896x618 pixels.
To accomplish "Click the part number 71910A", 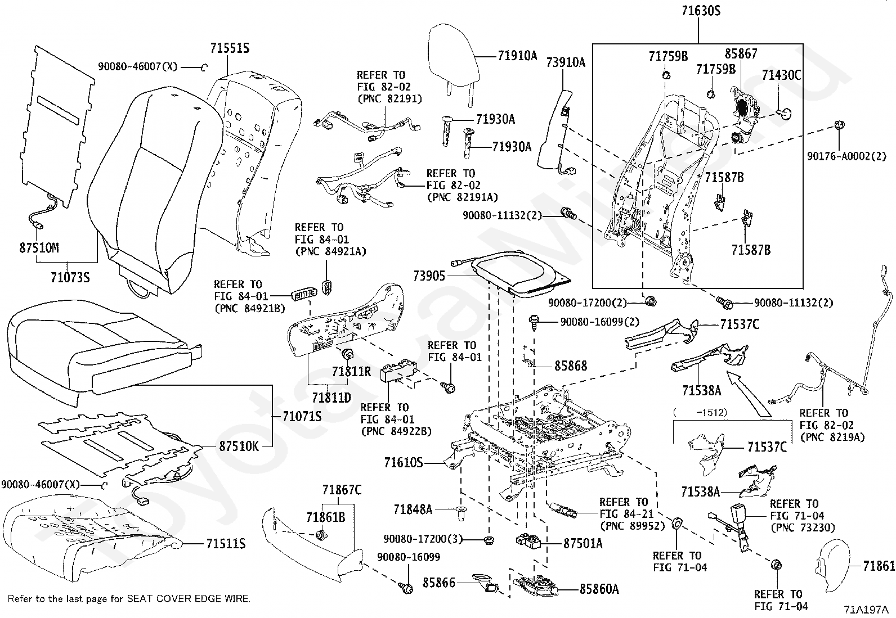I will [517, 55].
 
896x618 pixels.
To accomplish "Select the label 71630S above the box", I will [698, 11].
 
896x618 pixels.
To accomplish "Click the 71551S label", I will [230, 48].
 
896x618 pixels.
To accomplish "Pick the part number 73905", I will [429, 276].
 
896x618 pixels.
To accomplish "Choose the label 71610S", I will [403, 463].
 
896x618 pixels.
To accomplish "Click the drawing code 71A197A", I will [865, 609].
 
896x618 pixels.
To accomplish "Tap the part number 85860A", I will [599, 589].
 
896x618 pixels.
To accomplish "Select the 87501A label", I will [583, 543].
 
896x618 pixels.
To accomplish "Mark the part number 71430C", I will [781, 75].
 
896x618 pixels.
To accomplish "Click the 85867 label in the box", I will [741, 54].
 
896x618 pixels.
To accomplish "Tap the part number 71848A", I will [413, 509].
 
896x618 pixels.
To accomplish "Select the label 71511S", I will [226, 544].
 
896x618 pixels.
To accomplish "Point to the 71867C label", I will [342, 490].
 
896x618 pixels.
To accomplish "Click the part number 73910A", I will [566, 62].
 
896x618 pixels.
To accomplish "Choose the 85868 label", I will [570, 366].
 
